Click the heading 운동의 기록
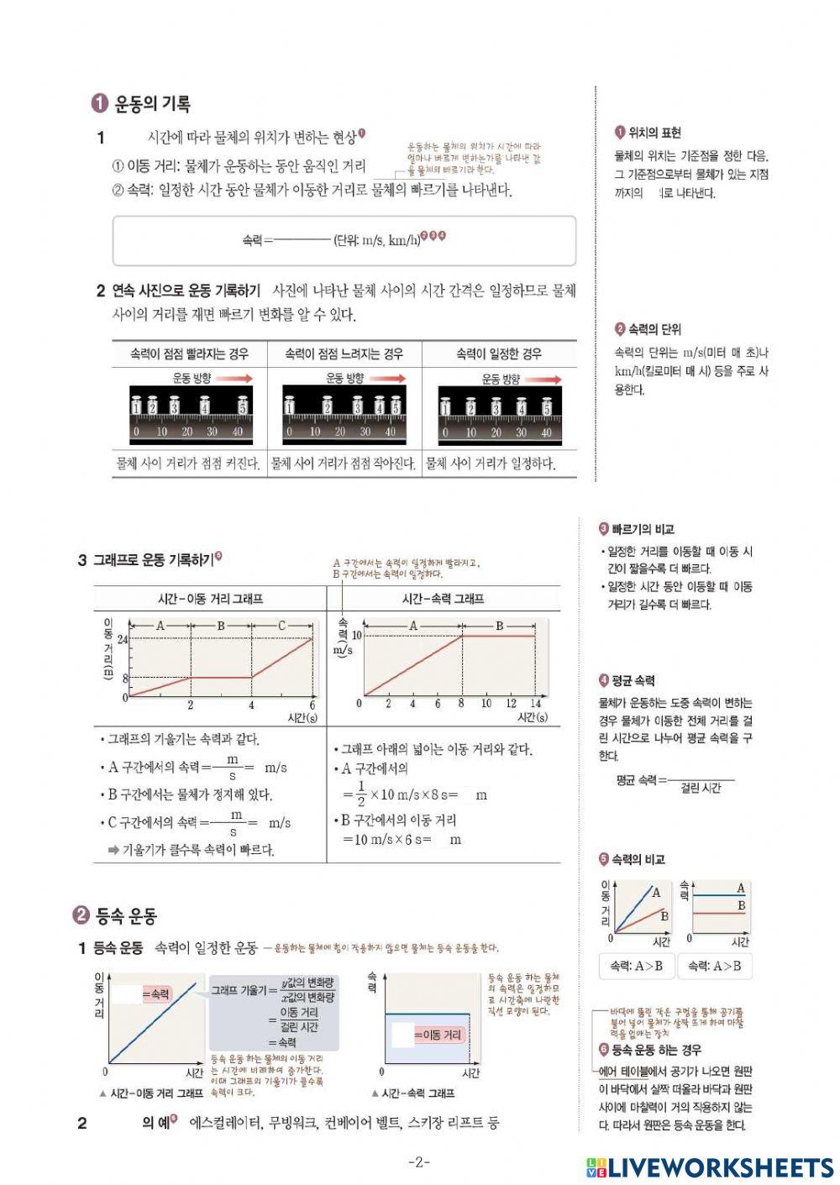tap(152, 104)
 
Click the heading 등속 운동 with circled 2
tap(126, 915)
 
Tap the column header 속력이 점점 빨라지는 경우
tap(189, 354)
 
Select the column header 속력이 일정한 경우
tap(499, 354)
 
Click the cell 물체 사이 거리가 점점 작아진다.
tap(344, 464)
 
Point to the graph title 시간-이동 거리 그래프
tap(210, 599)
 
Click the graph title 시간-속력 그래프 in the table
tap(443, 599)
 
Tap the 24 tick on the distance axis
tap(123, 639)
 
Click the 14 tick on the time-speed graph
tap(535, 703)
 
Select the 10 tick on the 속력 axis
tap(356, 636)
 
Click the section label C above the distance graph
tap(282, 626)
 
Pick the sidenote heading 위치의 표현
tap(654, 133)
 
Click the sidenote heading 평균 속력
tap(633, 680)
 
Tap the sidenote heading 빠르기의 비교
tap(643, 529)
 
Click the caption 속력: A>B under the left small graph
tap(636, 966)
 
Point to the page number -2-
tap(419, 1162)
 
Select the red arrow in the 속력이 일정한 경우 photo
tap(542, 380)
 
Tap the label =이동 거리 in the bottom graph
tap(438, 1035)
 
